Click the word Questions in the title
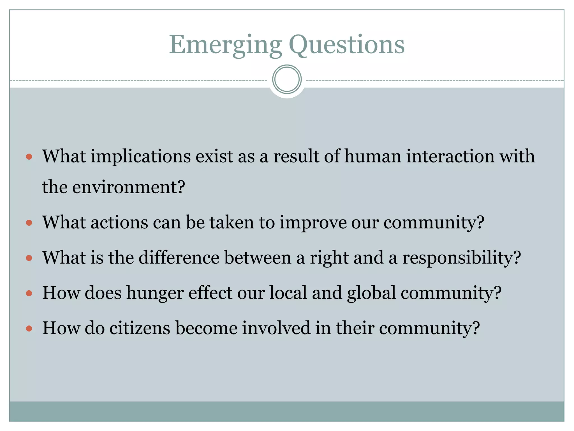tap(346, 45)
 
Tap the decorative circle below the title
tap(287, 79)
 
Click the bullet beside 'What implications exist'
tap(29, 157)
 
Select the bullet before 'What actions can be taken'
tap(29, 223)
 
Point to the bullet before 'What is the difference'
tap(29, 258)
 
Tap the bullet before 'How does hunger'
tap(29, 294)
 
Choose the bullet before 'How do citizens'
tap(29, 329)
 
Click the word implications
tap(140, 157)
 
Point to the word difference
tap(179, 258)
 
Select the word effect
tap(210, 293)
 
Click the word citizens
tap(140, 328)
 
